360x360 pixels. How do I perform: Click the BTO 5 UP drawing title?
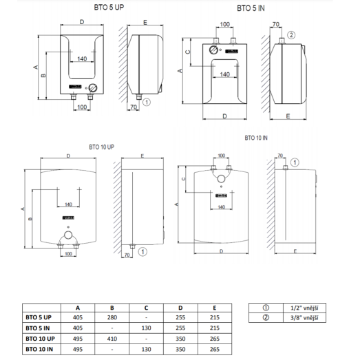point(109,8)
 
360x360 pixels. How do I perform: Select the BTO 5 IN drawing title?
point(251,8)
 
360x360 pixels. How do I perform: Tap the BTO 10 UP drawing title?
point(101,147)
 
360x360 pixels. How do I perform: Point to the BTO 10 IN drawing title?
point(256,138)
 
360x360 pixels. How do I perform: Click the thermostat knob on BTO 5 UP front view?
point(93,87)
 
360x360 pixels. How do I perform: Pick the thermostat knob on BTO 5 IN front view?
point(213,50)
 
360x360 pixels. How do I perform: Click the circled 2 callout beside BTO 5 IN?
point(291,35)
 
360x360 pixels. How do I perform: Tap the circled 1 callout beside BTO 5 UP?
point(147,102)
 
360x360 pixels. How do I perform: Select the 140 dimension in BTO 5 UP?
point(82,59)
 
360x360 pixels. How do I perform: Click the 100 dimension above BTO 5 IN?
point(225,24)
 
